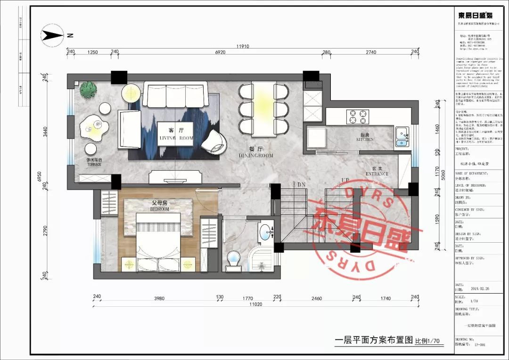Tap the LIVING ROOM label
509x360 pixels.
(176, 138)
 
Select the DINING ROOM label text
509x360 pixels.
(256, 155)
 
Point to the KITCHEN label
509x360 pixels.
(365, 139)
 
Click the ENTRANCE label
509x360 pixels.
(377, 174)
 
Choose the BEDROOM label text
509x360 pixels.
(159, 209)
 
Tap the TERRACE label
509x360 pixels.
(94, 164)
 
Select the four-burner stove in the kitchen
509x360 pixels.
(358, 116)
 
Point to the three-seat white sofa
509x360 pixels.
(175, 94)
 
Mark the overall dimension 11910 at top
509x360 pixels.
(243, 46)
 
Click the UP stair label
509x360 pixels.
(345, 180)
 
